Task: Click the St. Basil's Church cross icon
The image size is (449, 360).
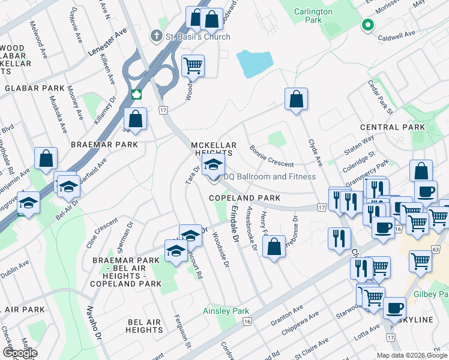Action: point(158,37)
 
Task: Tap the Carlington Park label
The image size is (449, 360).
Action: point(313,16)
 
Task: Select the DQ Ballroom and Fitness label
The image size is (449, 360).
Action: point(269,176)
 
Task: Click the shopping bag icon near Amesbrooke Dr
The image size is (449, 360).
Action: point(274,247)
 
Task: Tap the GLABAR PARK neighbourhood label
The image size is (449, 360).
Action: point(34,88)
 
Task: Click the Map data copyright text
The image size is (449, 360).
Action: point(412,355)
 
